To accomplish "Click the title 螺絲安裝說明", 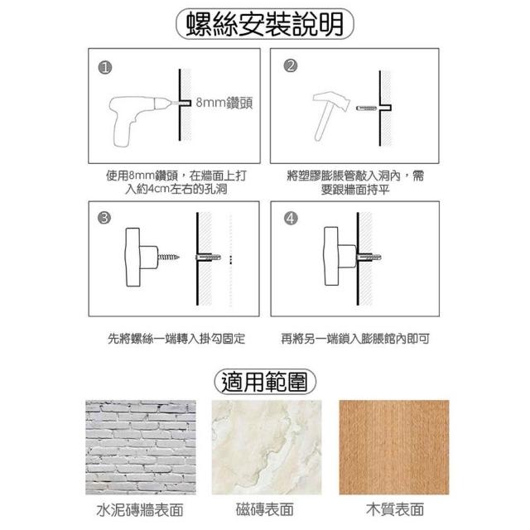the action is (x=265, y=24).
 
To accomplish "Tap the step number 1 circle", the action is (x=105, y=68).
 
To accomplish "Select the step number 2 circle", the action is (x=291, y=65).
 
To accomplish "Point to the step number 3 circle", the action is (x=104, y=217).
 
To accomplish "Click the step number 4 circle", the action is (x=291, y=219).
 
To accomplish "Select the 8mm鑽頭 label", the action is (x=224, y=103).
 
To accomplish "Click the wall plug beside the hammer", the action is (x=366, y=108).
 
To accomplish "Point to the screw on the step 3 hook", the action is (x=169, y=258).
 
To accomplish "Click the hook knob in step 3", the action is (x=142, y=257).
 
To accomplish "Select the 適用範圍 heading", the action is (x=265, y=382).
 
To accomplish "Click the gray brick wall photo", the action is (x=141, y=447).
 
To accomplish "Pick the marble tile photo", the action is (x=267, y=447).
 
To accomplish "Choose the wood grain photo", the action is (x=394, y=447).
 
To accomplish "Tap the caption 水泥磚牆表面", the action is (x=140, y=510).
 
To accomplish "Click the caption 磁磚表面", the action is (x=265, y=509).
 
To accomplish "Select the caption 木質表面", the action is (x=395, y=509).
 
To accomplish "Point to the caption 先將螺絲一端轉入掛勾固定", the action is (x=176, y=339).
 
